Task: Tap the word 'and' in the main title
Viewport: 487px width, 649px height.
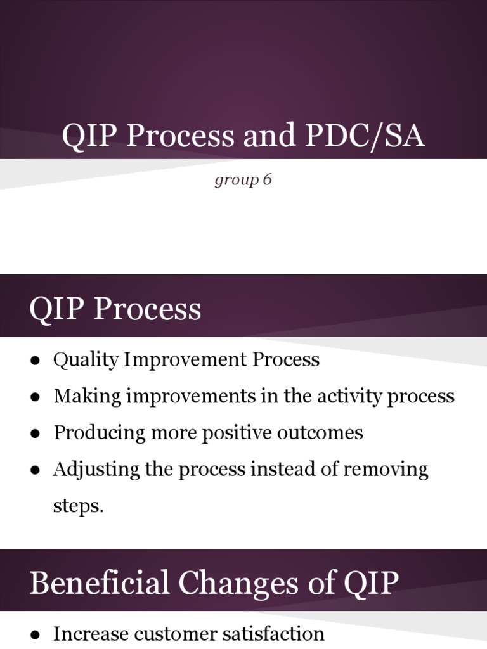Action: (269, 135)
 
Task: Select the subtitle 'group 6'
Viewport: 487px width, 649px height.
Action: (243, 180)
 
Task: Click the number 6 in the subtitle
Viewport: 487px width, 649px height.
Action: (267, 179)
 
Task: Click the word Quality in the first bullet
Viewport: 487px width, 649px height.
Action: (86, 359)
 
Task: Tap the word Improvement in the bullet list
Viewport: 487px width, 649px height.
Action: (186, 359)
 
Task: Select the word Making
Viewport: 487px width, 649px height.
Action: (88, 396)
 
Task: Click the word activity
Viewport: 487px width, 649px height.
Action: (349, 396)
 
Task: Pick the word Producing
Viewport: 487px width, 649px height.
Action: (100, 433)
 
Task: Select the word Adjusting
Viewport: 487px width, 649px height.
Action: (96, 470)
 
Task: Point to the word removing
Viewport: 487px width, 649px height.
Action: (386, 470)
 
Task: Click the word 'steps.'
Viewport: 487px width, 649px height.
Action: (78, 506)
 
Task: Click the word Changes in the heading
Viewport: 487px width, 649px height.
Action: (238, 583)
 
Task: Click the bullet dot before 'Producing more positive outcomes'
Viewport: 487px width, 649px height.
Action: (36, 434)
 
